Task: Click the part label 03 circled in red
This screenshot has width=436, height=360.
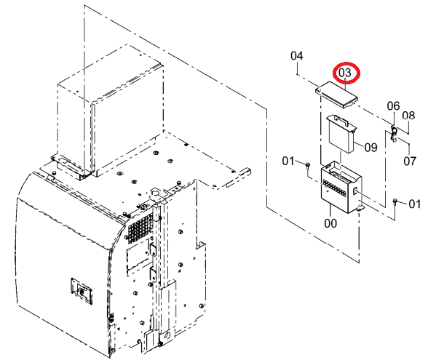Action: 345,73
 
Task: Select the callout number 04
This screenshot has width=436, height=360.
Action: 297,56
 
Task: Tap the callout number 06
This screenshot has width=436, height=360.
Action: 393,106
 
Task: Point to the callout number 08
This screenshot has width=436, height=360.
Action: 408,116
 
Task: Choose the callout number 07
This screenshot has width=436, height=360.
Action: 410,161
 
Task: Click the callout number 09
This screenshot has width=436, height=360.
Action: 370,147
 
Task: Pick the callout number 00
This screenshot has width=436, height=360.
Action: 330,223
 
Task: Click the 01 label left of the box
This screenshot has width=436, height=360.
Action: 288,161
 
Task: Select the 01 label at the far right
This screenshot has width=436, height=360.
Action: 414,204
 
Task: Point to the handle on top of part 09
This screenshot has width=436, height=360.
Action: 341,120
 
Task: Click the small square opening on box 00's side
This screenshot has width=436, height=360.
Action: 355,191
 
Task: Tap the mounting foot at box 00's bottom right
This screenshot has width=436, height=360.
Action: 360,207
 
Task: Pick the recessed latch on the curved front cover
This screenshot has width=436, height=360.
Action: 82,291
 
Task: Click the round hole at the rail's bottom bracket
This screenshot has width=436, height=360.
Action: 166,335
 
